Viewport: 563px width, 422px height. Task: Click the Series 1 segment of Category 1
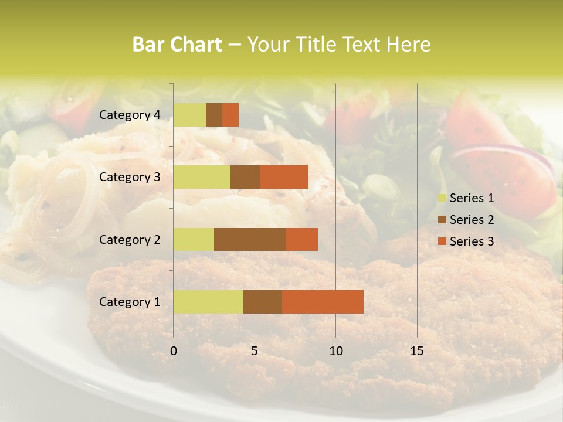[208, 302]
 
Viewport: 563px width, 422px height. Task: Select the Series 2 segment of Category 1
[263, 302]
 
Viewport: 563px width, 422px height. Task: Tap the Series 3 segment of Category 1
[323, 302]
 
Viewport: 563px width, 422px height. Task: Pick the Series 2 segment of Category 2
[250, 239]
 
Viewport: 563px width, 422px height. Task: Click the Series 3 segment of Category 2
[301, 239]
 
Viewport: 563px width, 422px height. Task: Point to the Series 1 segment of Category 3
[202, 177]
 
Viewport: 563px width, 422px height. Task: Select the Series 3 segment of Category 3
[284, 177]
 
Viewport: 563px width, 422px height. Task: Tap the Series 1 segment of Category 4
[189, 115]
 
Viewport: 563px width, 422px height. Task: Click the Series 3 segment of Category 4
[230, 115]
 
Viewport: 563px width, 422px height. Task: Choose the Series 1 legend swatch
[442, 198]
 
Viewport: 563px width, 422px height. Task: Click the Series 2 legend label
[472, 220]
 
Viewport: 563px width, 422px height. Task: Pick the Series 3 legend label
[472, 241]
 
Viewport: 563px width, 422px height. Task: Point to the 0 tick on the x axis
[174, 351]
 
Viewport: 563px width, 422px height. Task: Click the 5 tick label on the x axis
[255, 351]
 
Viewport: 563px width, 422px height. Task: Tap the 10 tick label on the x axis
[335, 351]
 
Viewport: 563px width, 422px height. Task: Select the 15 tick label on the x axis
[416, 351]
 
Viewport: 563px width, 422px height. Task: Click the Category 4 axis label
[130, 115]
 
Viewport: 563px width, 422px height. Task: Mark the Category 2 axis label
[130, 239]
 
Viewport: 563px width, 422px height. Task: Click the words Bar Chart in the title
[177, 45]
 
